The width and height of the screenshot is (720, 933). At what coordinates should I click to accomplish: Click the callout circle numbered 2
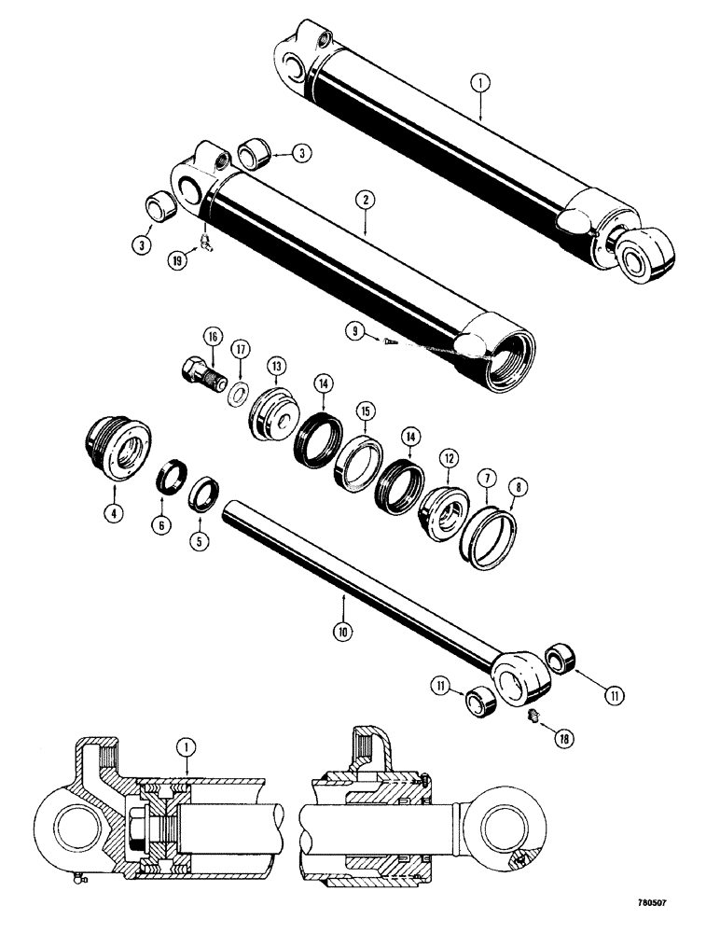coord(365,199)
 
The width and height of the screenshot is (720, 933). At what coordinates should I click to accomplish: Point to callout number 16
coord(212,337)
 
